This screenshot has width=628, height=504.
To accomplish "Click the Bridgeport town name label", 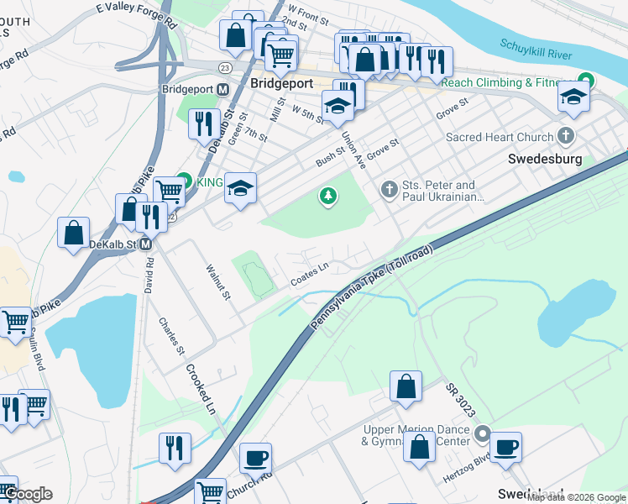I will click(281, 83).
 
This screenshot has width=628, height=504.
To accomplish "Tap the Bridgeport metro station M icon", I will click(223, 89).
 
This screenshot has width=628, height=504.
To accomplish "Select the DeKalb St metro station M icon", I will click(145, 244).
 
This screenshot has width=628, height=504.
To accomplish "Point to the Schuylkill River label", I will click(536, 50).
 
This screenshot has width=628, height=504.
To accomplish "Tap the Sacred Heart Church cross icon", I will click(567, 136).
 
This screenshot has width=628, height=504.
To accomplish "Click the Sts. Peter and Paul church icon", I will click(389, 190).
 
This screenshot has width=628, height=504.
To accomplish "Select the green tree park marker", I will click(328, 197).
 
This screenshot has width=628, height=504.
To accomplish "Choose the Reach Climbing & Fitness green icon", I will click(587, 81).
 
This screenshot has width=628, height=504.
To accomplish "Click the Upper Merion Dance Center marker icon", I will click(482, 434).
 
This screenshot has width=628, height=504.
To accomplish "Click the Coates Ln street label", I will click(309, 274).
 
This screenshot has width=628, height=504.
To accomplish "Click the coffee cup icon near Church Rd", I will click(256, 458).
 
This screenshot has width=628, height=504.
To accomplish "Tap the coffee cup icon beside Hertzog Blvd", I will click(505, 447).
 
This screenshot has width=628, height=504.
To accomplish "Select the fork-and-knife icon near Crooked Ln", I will click(175, 447).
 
